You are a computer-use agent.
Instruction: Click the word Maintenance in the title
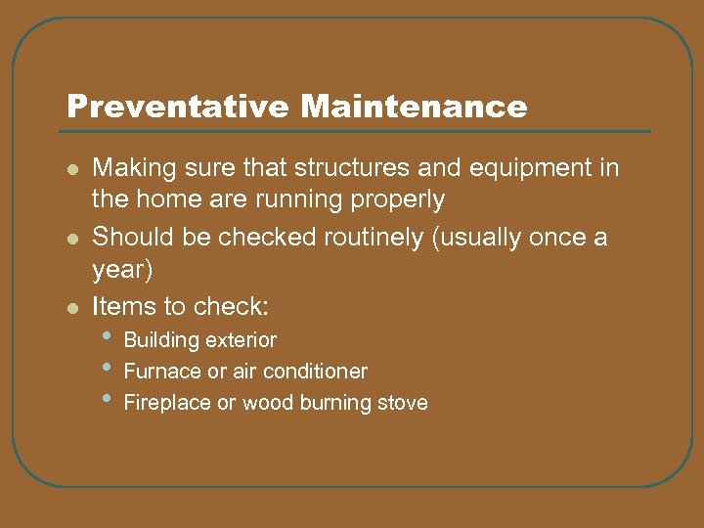tap(414, 107)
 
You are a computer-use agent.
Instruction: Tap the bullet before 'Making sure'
tap(71, 169)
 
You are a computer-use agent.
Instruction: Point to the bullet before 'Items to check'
tap(71, 308)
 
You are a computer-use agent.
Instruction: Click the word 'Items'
tap(118, 306)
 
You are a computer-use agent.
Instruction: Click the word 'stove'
tap(402, 403)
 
